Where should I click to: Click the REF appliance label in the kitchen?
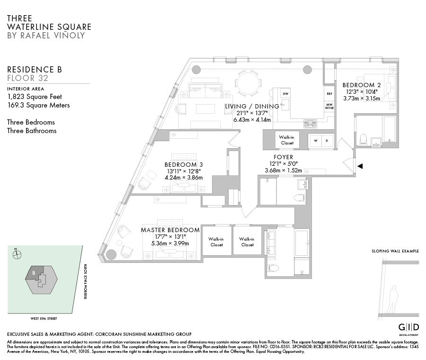point(329,94)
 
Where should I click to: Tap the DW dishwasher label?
point(285,94)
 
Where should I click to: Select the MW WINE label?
point(329,106)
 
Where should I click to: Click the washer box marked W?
point(315,140)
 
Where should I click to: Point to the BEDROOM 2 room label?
point(358,85)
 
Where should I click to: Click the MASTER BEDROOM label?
point(170,230)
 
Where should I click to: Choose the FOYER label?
point(283,157)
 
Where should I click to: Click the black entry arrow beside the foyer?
point(360,166)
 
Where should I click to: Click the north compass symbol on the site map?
point(18,254)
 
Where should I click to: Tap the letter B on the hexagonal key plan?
point(34,273)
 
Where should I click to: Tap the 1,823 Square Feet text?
point(35,97)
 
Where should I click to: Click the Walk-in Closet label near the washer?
point(286,140)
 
